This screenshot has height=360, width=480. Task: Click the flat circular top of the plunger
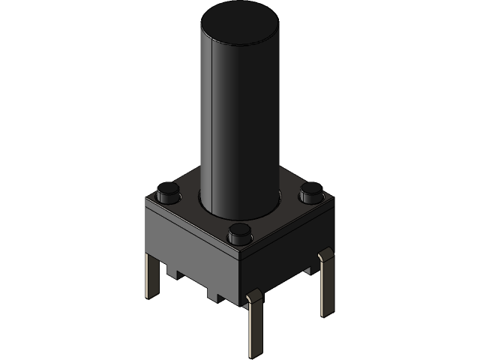(239, 20)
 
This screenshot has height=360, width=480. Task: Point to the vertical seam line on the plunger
(214, 120)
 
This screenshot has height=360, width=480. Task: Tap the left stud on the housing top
(166, 193)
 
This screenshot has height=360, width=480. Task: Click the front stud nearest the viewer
(239, 232)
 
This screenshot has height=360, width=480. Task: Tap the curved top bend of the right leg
(324, 258)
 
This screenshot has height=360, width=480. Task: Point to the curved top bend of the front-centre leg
(252, 298)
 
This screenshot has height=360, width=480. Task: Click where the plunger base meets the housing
(239, 214)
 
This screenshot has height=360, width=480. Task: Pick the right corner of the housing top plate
(327, 201)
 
